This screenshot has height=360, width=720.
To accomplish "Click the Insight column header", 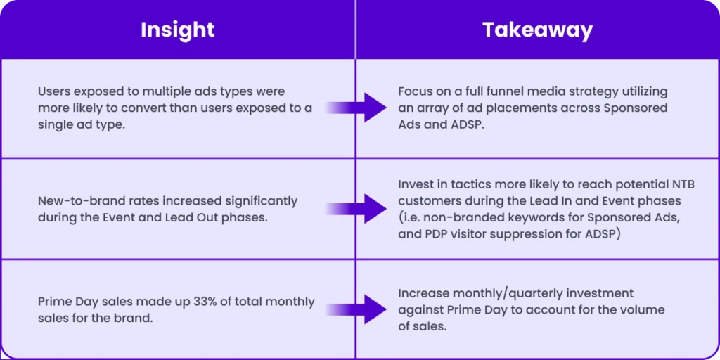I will click(x=177, y=30).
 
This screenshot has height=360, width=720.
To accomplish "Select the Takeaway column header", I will click(x=537, y=30).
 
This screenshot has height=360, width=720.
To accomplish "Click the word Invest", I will click(x=416, y=184).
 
